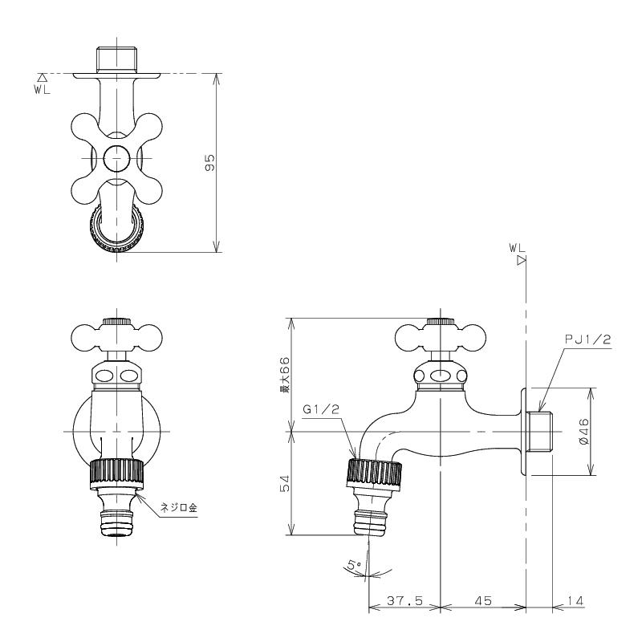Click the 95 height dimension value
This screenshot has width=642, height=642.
coord(209,163)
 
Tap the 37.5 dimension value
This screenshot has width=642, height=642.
coord(404,600)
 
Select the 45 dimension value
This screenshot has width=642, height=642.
coord(483,600)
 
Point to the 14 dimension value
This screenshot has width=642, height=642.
coord(575,600)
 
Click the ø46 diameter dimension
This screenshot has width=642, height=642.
coord(584,431)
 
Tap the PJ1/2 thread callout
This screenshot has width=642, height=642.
coord(587,339)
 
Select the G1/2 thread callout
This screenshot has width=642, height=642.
coord(322,409)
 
